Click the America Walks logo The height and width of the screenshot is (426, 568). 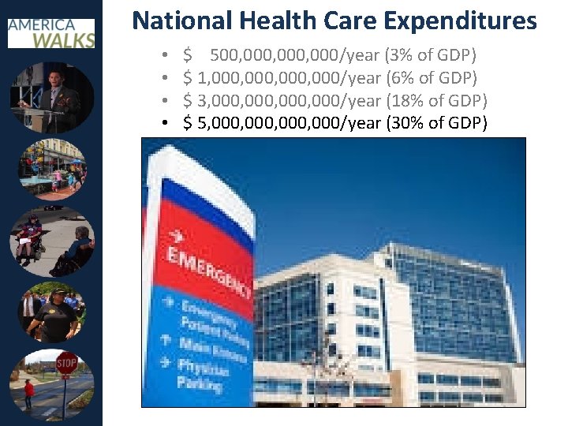[51, 32]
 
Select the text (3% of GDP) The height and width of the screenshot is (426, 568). [430, 56]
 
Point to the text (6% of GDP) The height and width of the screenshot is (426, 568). [430, 78]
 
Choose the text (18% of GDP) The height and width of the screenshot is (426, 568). [436, 101]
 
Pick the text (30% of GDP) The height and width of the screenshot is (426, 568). [436, 123]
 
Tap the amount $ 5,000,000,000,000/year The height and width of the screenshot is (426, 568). [282, 123]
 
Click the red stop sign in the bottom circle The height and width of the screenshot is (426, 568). [66, 364]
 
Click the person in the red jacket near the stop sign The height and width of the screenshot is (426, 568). [29, 393]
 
